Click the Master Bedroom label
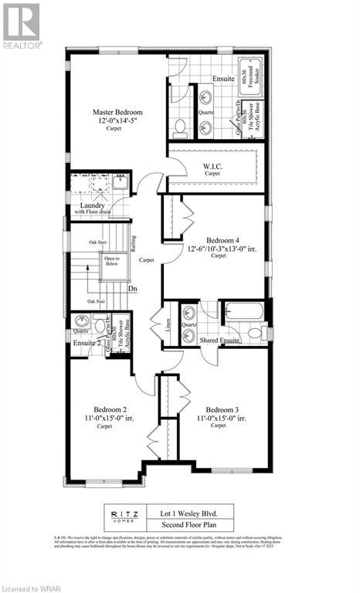pos(117,113)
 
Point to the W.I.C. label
pos(212,166)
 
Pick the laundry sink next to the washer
pos(119,182)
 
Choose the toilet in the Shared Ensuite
pos(256,333)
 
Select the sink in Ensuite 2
pos(79,321)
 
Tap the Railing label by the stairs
pos(133,245)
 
